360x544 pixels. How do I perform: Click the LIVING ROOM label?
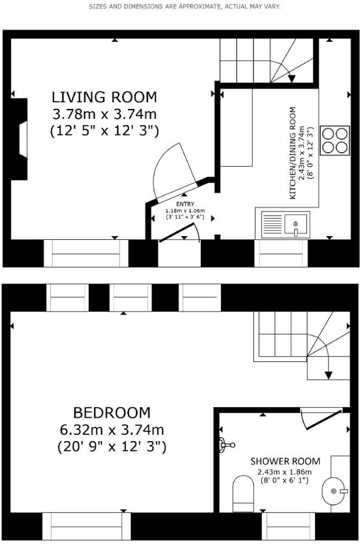pos(104,97)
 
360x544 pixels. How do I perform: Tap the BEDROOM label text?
pos(111,413)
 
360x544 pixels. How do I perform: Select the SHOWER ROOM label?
pos(285,461)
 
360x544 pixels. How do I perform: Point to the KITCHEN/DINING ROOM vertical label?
pos(293,153)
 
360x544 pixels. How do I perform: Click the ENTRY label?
pos(185,204)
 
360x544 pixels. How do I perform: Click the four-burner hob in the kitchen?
pos(334,140)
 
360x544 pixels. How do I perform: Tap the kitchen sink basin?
pos(295,224)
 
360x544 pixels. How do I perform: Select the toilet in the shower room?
pos(243,494)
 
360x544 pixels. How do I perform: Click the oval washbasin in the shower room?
pos(335,491)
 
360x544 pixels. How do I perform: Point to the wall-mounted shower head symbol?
pos(226,444)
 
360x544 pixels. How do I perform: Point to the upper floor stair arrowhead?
pos(328,374)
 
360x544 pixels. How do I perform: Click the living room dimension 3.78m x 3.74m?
pos(104,114)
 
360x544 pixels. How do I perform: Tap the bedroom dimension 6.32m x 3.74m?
pos(111,430)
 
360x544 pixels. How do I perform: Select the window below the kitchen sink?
pos(281,253)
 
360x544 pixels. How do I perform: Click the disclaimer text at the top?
pos(184,7)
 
